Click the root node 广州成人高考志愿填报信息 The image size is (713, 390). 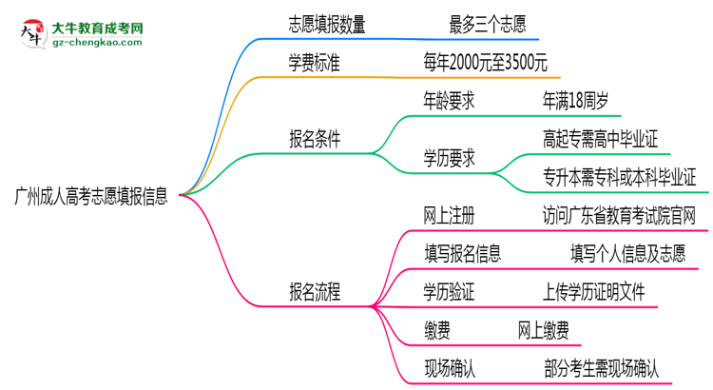click(91, 197)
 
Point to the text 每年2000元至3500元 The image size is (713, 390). click(486, 63)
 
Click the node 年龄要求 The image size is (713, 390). click(450, 100)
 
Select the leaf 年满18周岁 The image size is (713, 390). click(581, 100)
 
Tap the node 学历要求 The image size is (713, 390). click(450, 158)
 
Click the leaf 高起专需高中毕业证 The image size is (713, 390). click(600, 139)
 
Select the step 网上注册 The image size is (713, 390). click(450, 215)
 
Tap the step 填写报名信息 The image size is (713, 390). click(463, 253)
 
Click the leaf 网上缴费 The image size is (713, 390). click(544, 329)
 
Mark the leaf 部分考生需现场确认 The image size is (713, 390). click(601, 367)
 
